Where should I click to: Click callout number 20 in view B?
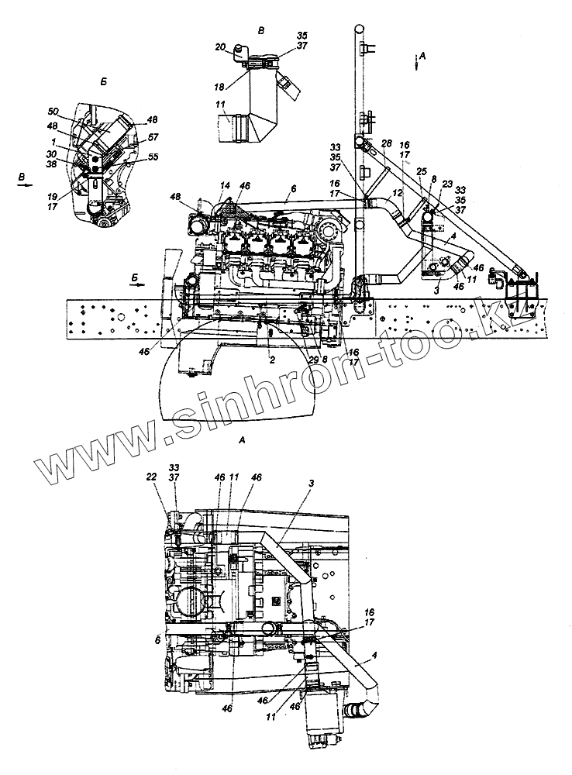(x=220, y=47)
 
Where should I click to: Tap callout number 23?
(x=447, y=184)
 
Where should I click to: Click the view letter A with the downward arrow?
(x=422, y=54)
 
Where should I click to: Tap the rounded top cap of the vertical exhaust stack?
(x=359, y=29)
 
